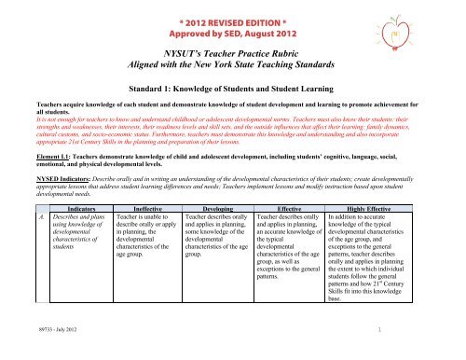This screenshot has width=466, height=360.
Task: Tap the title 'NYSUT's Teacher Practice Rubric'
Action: click(x=232, y=57)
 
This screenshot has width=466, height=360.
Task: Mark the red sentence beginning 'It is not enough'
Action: click(x=233, y=144)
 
